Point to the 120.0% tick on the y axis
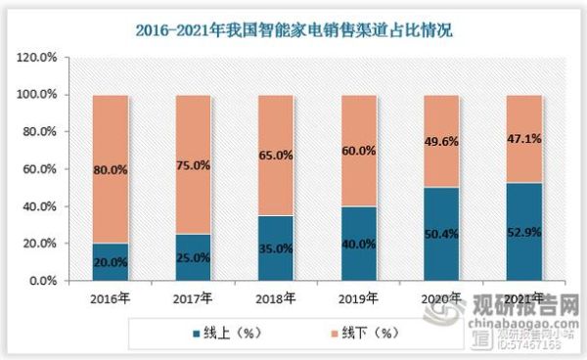click(x=46, y=58)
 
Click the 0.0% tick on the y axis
click(x=52, y=281)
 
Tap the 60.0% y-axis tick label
click(x=49, y=169)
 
